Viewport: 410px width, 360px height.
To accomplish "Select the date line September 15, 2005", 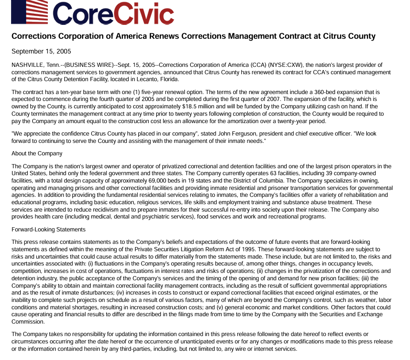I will [x=41, y=51].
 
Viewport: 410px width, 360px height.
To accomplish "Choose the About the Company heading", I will [x=37, y=153].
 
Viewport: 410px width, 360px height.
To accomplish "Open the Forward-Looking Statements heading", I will [x=48, y=229].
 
